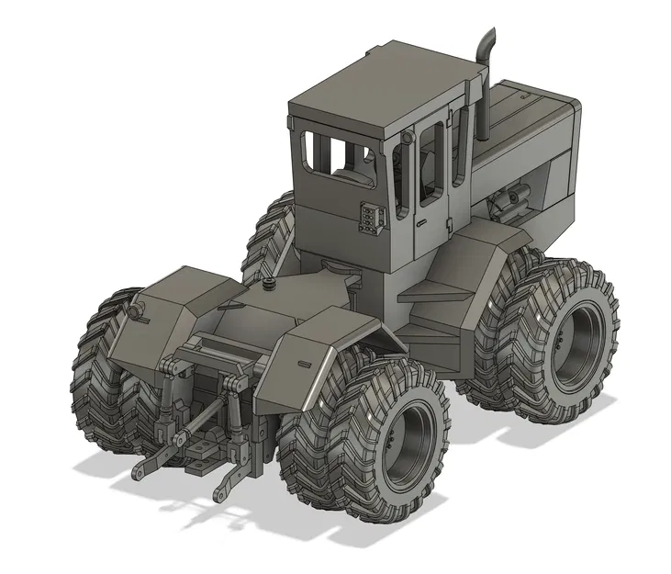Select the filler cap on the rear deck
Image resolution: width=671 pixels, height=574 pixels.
[x=270, y=286]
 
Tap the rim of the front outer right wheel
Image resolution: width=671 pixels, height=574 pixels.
[x=574, y=341]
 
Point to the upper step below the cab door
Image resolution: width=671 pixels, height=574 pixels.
[x=435, y=291]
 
